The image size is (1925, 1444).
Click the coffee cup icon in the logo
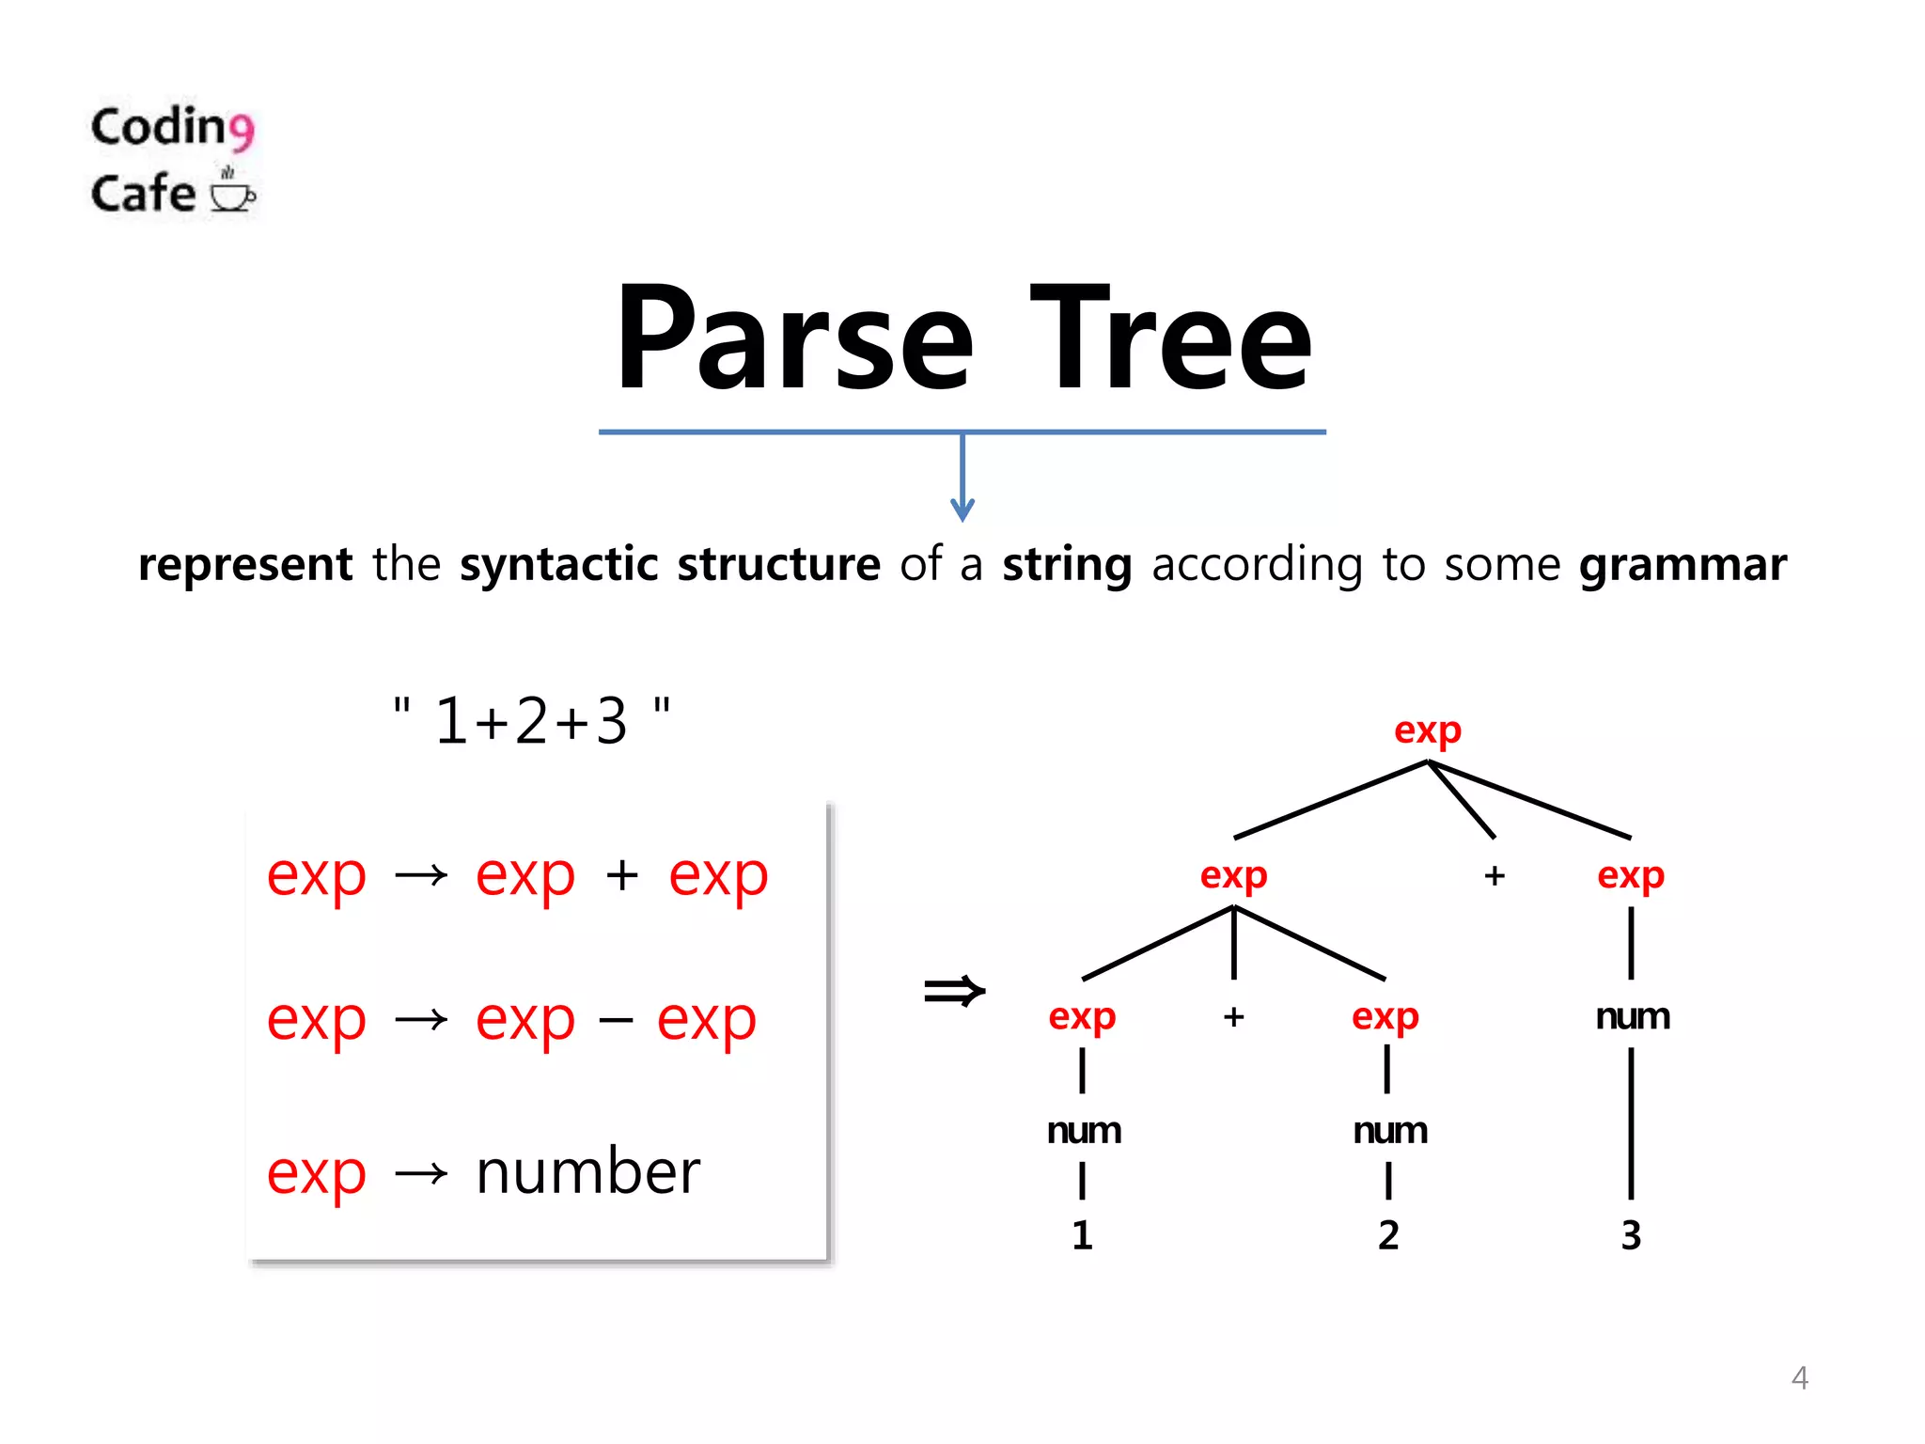tap(231, 193)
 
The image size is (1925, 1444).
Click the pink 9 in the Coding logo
tap(242, 132)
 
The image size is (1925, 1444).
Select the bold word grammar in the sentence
tap(1682, 566)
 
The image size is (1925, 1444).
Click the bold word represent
tap(245, 566)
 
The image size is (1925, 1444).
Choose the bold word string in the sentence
tap(1067, 566)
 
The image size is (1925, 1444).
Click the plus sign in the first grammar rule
tap(622, 876)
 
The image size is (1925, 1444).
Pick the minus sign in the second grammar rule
tap(616, 1020)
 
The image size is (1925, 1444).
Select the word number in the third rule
tap(588, 1172)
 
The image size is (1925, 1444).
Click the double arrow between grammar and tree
tap(954, 991)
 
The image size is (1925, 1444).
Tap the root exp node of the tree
tap(1427, 730)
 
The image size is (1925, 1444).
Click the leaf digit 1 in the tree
tap(1082, 1235)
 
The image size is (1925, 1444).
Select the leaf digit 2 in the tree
tap(1388, 1235)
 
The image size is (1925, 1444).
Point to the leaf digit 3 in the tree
tap(1631, 1235)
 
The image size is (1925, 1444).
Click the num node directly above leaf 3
tap(1633, 1017)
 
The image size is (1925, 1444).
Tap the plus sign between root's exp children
tap(1495, 876)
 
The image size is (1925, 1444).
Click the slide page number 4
tap(1799, 1378)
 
